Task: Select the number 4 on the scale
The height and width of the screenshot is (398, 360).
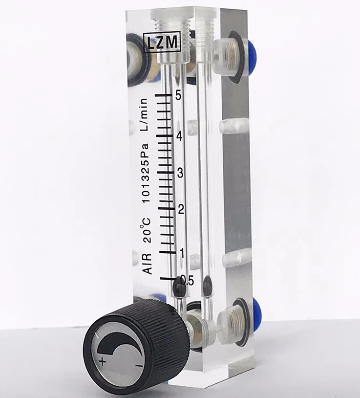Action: pos(179,136)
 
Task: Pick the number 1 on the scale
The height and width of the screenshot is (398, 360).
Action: pos(182,253)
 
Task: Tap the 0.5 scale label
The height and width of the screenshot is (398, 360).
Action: pos(187,280)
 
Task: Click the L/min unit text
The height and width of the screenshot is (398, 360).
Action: pos(145,115)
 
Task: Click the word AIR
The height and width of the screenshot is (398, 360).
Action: pos(148,264)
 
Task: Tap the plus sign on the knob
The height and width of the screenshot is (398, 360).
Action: pos(102,361)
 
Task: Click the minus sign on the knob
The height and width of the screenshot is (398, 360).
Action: pos(139,366)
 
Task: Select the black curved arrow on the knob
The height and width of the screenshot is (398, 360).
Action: pos(121,345)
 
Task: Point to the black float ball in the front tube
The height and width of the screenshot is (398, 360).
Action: pos(179,289)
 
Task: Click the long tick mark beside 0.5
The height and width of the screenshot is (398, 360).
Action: pos(169,279)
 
